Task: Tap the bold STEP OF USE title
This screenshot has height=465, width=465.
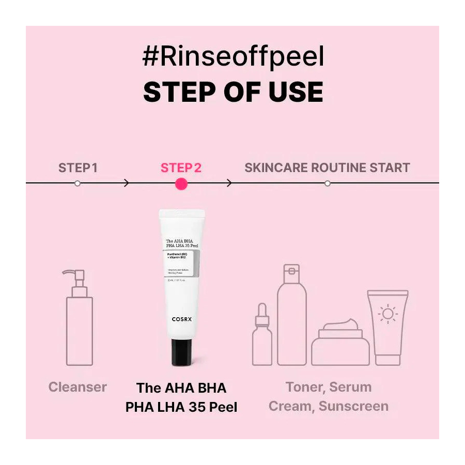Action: pos(233,92)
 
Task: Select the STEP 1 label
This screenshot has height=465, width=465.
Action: pos(78,168)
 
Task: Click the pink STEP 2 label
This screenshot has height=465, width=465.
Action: pos(181,168)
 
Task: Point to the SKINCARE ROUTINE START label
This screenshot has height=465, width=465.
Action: pos(327,168)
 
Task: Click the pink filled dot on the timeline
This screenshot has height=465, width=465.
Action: pos(181,183)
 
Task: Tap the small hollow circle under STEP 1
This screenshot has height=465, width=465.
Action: pos(78,183)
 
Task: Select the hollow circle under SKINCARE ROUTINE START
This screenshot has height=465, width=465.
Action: pos(327,183)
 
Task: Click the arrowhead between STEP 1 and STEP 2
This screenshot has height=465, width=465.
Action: pos(127,183)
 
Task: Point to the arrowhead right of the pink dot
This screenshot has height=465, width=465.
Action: pos(229,183)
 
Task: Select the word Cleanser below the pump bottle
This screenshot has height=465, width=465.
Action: pos(78,387)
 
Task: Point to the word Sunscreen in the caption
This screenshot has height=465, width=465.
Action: pos(353,406)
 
